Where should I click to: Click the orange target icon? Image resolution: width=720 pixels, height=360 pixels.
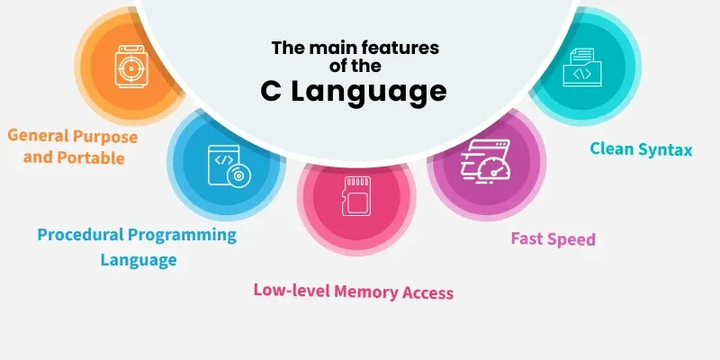(131, 67)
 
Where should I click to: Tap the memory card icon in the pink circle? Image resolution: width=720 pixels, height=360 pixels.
(356, 196)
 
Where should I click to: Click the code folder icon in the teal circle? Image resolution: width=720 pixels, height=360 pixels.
(581, 67)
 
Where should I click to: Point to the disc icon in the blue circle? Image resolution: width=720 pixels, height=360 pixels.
(238, 175)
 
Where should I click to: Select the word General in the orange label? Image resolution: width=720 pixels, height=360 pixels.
(39, 136)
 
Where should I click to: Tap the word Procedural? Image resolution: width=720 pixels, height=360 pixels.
(80, 235)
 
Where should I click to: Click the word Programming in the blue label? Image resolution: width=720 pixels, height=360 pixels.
(183, 236)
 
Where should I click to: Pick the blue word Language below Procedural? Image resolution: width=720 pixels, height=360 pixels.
(139, 260)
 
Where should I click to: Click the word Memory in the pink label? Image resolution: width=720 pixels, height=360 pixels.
(366, 292)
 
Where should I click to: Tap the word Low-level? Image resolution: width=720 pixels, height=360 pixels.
(292, 291)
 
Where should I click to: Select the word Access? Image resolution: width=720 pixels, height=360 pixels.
(428, 292)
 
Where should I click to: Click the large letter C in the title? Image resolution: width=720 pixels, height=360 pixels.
(271, 91)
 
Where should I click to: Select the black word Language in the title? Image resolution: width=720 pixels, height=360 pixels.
(369, 94)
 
